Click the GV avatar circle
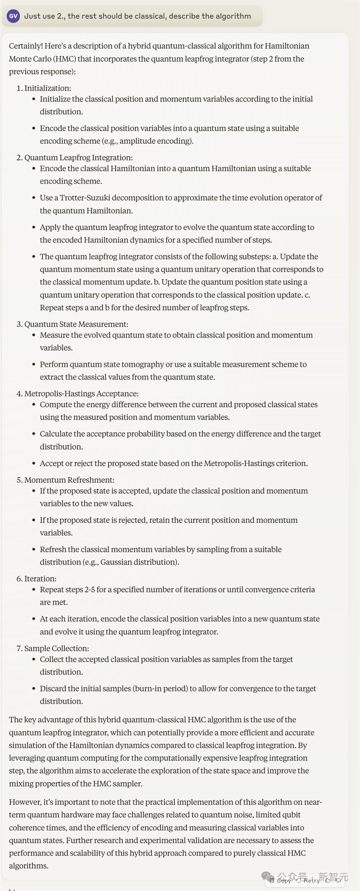coord(13,16)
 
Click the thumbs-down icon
coord(338,880)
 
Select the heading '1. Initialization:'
coord(44,88)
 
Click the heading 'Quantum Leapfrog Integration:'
coord(78,158)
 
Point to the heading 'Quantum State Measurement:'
coord(76,324)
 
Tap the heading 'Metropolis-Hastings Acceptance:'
coord(81,394)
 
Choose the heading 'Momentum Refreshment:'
coord(69,480)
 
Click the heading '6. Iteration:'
coord(36,579)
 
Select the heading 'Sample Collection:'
coord(57,648)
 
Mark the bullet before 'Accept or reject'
coord(34,464)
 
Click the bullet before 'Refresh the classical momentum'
coord(34,550)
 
